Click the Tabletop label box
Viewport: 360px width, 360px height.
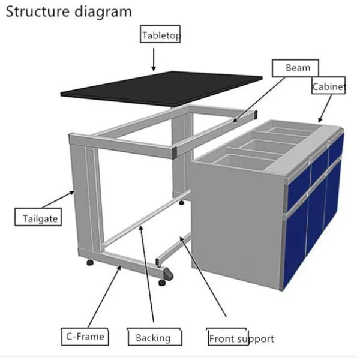[x=161, y=35]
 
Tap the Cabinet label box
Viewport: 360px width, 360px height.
[x=329, y=87]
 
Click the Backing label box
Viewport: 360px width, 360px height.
[x=153, y=337]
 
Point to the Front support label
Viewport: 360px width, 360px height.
[x=241, y=338]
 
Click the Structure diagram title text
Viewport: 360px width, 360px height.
[x=68, y=11]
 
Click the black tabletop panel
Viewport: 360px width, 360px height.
[x=162, y=87]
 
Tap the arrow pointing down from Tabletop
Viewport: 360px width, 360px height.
[x=154, y=59]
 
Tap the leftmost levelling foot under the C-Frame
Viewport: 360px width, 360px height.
[x=91, y=262]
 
